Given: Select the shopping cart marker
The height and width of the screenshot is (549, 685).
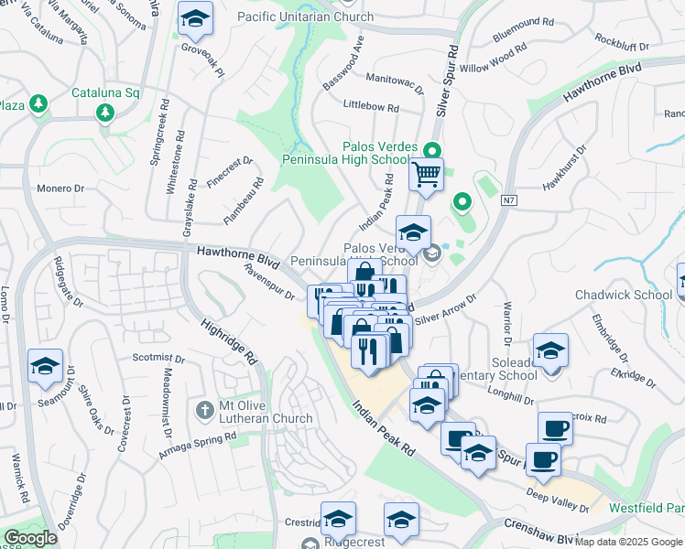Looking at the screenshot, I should click(x=427, y=174).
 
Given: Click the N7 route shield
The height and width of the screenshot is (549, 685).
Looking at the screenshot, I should click(x=509, y=202).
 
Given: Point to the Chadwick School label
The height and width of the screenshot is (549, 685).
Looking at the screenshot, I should click(x=624, y=295).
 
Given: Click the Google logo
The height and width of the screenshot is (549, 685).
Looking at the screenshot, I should click(x=30, y=538).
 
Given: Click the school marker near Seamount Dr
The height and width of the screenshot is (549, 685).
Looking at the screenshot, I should click(x=45, y=367).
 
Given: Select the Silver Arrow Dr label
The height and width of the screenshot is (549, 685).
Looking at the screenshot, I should click(x=446, y=309).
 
